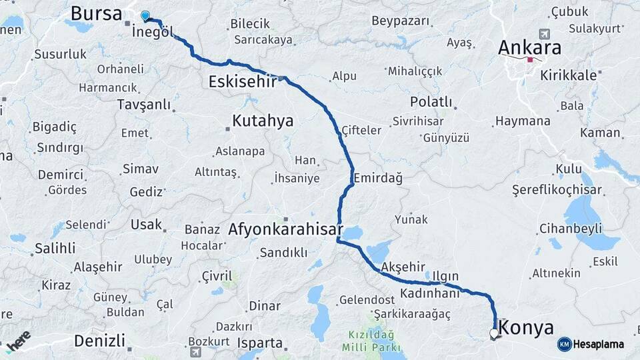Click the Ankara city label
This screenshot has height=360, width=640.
[x=530, y=48]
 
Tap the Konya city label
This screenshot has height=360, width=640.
[x=526, y=328]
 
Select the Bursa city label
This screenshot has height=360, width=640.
[x=96, y=13]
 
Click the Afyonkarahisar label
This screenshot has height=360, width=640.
[x=285, y=229]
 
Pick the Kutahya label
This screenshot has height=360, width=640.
[x=263, y=121]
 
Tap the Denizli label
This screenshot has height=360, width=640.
[x=99, y=341]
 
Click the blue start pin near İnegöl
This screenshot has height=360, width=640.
[x=145, y=15]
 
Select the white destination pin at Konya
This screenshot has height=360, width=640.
[x=494, y=333]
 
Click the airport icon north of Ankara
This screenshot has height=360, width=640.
[x=545, y=33]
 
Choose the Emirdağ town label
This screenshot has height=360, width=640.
[x=378, y=178]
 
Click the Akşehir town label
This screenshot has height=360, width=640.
[x=402, y=267]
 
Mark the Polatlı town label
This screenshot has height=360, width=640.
[x=431, y=103]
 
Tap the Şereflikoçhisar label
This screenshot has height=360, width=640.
[x=556, y=190]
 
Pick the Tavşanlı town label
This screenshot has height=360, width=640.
[x=144, y=105]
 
